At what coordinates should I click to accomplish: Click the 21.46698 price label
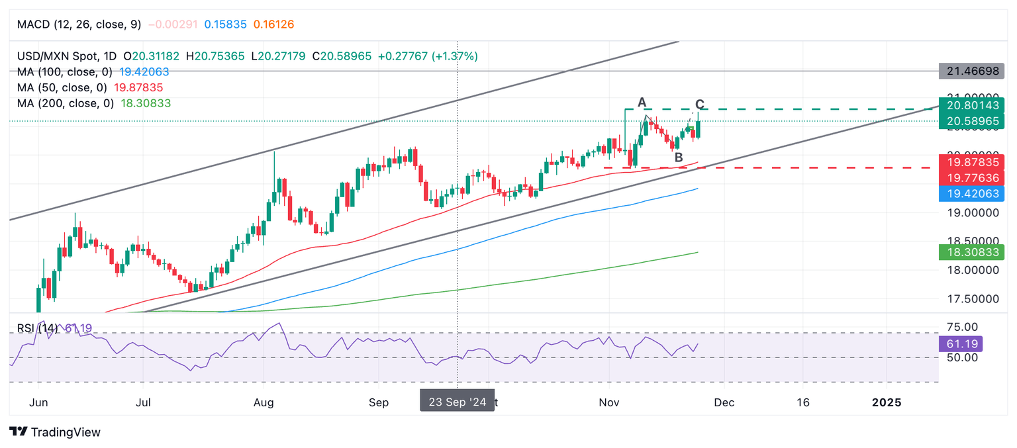[x=971, y=69]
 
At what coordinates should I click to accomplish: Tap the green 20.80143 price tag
[x=971, y=106]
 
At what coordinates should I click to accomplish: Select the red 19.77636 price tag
[x=971, y=177]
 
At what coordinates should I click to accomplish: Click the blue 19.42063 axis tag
[x=971, y=194]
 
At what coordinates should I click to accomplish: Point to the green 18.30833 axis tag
[x=971, y=252]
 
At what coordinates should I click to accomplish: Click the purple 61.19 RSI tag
[x=960, y=344]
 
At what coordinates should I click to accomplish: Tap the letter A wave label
[x=641, y=102]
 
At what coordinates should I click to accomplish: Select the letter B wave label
[x=678, y=157]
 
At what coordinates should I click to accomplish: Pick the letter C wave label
[x=700, y=105]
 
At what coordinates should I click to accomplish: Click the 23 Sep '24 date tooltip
[x=457, y=402]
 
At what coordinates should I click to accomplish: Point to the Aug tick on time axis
[x=264, y=402]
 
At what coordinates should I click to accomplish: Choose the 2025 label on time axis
[x=887, y=402]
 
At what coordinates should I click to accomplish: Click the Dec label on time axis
[x=725, y=402]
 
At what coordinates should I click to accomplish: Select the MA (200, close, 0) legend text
[x=65, y=103]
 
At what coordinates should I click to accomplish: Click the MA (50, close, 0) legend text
[x=61, y=87]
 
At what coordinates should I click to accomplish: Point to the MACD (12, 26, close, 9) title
[x=79, y=24]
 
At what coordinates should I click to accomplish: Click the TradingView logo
[x=56, y=432]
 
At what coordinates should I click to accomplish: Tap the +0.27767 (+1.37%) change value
[x=428, y=56]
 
